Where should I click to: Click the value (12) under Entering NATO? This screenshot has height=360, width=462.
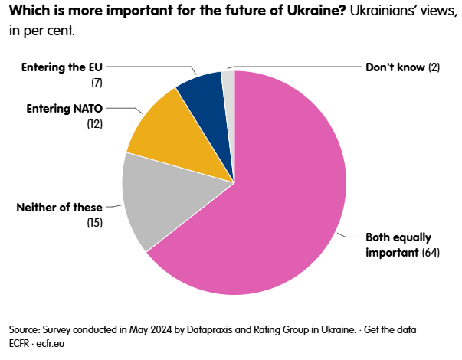coord(95,123)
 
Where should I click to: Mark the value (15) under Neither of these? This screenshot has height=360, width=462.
coord(95,222)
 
